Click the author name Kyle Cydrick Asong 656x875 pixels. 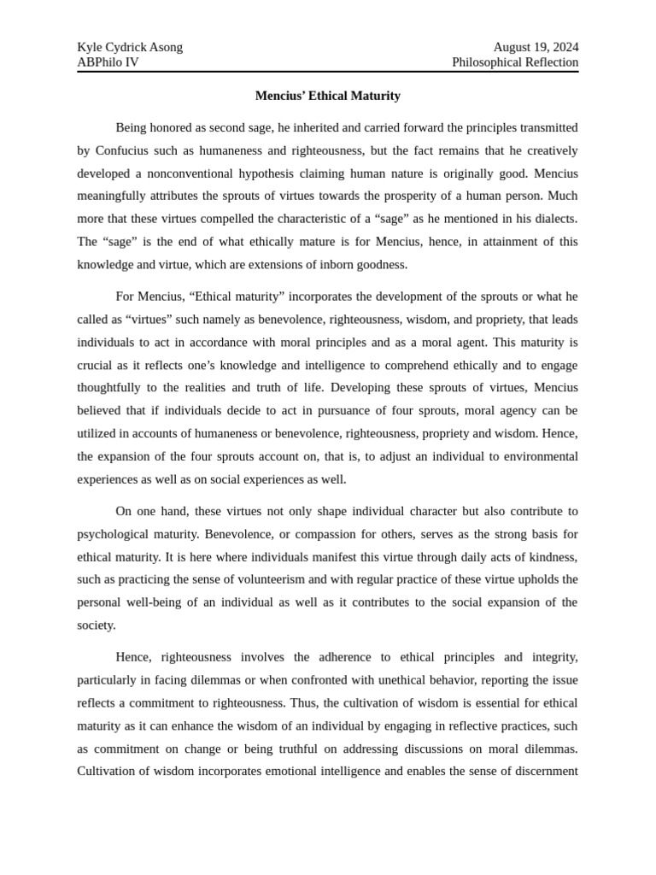pyautogui.click(x=130, y=47)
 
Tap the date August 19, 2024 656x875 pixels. pyautogui.click(x=536, y=47)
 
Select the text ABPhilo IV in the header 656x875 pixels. pyautogui.click(x=108, y=62)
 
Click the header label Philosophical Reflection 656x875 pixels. pyautogui.click(x=515, y=62)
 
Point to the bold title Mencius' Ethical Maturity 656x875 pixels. pyautogui.click(x=327, y=96)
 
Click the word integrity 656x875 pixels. pyautogui.click(x=553, y=657)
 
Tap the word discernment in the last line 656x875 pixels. pyautogui.click(x=542, y=771)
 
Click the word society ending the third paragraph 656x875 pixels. pyautogui.click(x=97, y=625)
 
